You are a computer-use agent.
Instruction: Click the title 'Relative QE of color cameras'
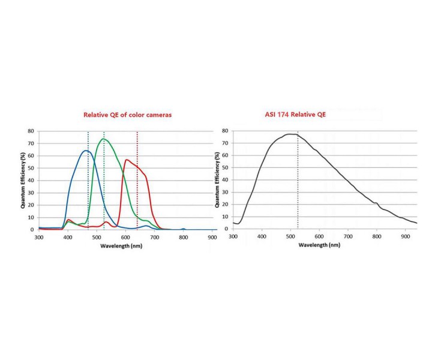pyautogui.click(x=127, y=115)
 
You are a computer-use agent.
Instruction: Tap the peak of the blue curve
pyautogui.click(x=86, y=151)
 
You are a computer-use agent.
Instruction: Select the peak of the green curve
pyautogui.click(x=104, y=139)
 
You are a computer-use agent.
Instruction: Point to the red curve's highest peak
pyautogui.click(x=127, y=160)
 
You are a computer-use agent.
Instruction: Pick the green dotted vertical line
pyautogui.click(x=104, y=180)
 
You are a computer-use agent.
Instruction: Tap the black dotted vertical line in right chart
pyautogui.click(x=298, y=180)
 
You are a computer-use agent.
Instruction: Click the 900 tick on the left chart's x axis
pyautogui.click(x=212, y=238)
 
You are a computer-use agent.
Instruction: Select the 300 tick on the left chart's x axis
pyautogui.click(x=39, y=238)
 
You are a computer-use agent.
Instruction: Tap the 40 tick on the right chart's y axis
pyautogui.click(x=225, y=180)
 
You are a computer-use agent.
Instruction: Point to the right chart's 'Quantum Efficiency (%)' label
pyautogui.click(x=217, y=180)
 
